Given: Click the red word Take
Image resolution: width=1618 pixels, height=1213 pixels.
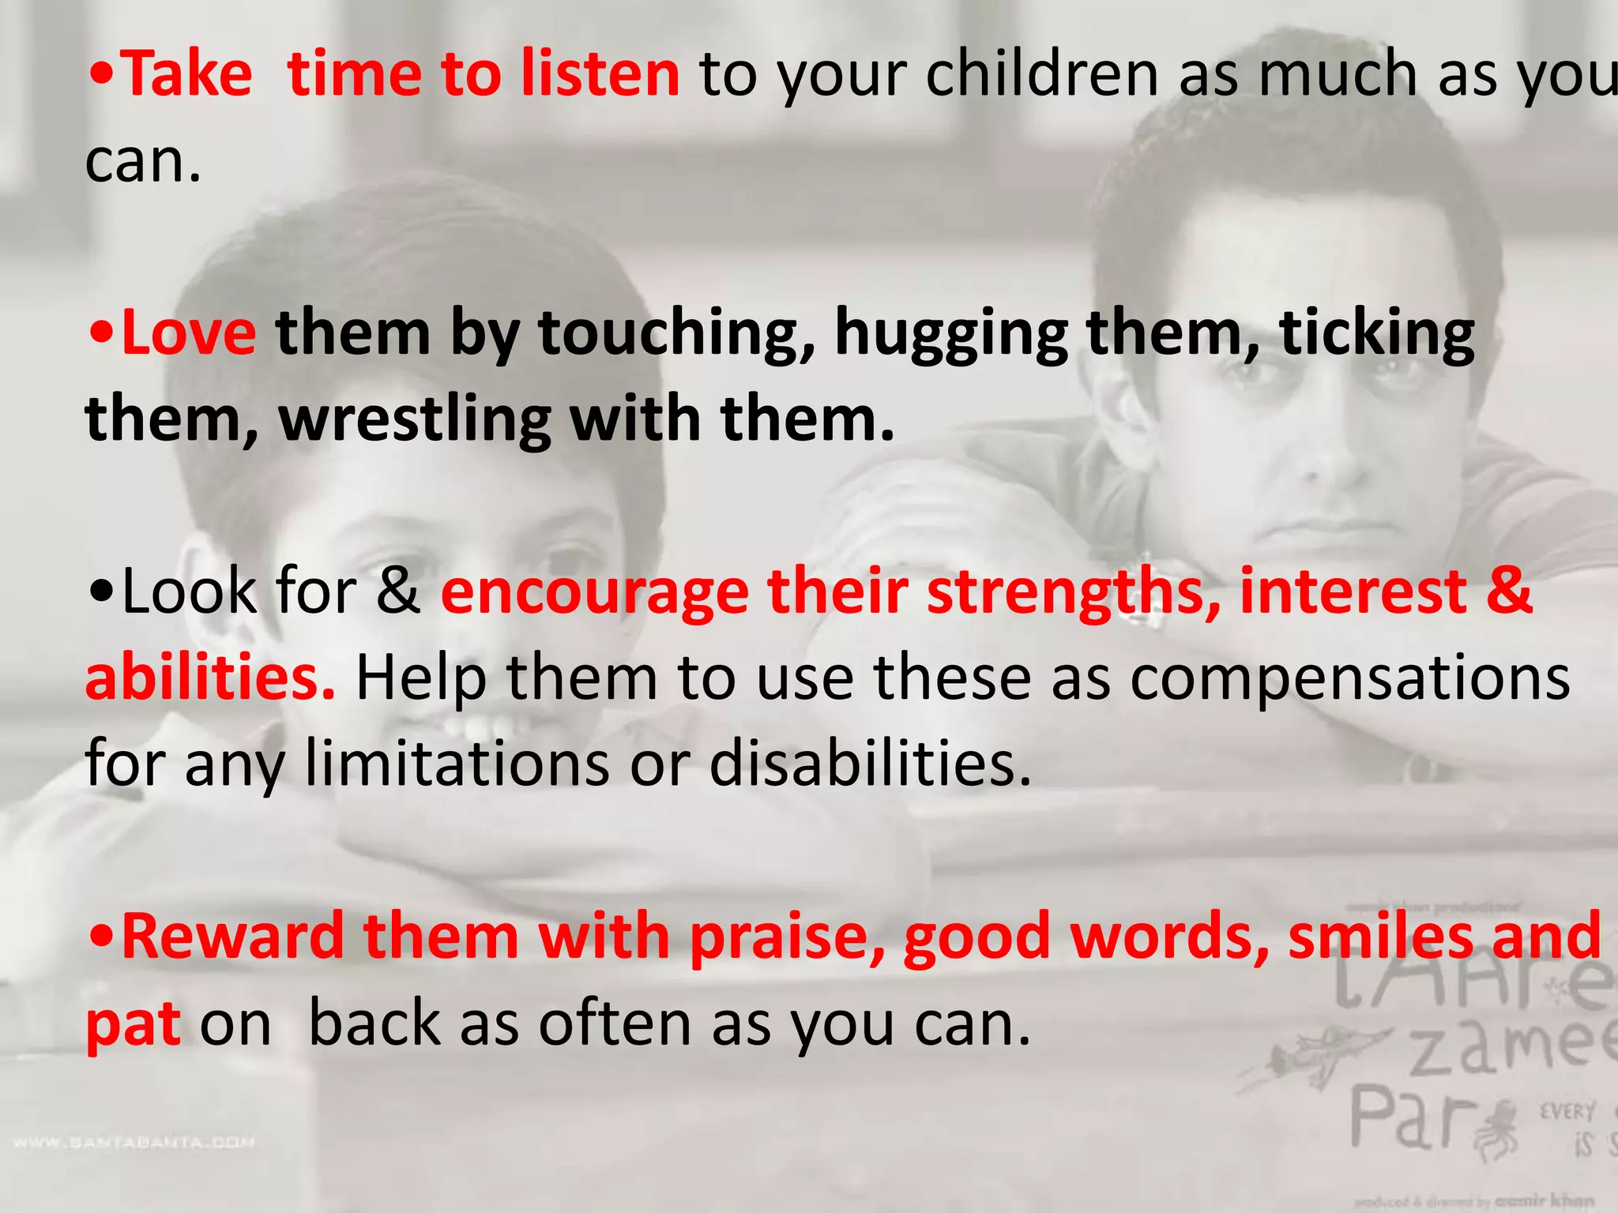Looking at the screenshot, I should click(188, 74).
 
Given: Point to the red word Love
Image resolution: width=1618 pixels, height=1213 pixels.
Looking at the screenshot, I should click(188, 333).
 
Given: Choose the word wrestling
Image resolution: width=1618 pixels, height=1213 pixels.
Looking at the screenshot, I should click(415, 420).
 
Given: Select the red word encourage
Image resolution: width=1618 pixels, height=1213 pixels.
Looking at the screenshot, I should click(594, 593).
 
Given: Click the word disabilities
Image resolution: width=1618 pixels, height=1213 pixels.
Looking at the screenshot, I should click(870, 764).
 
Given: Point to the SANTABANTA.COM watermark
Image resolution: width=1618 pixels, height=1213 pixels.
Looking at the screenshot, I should click(134, 1142).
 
